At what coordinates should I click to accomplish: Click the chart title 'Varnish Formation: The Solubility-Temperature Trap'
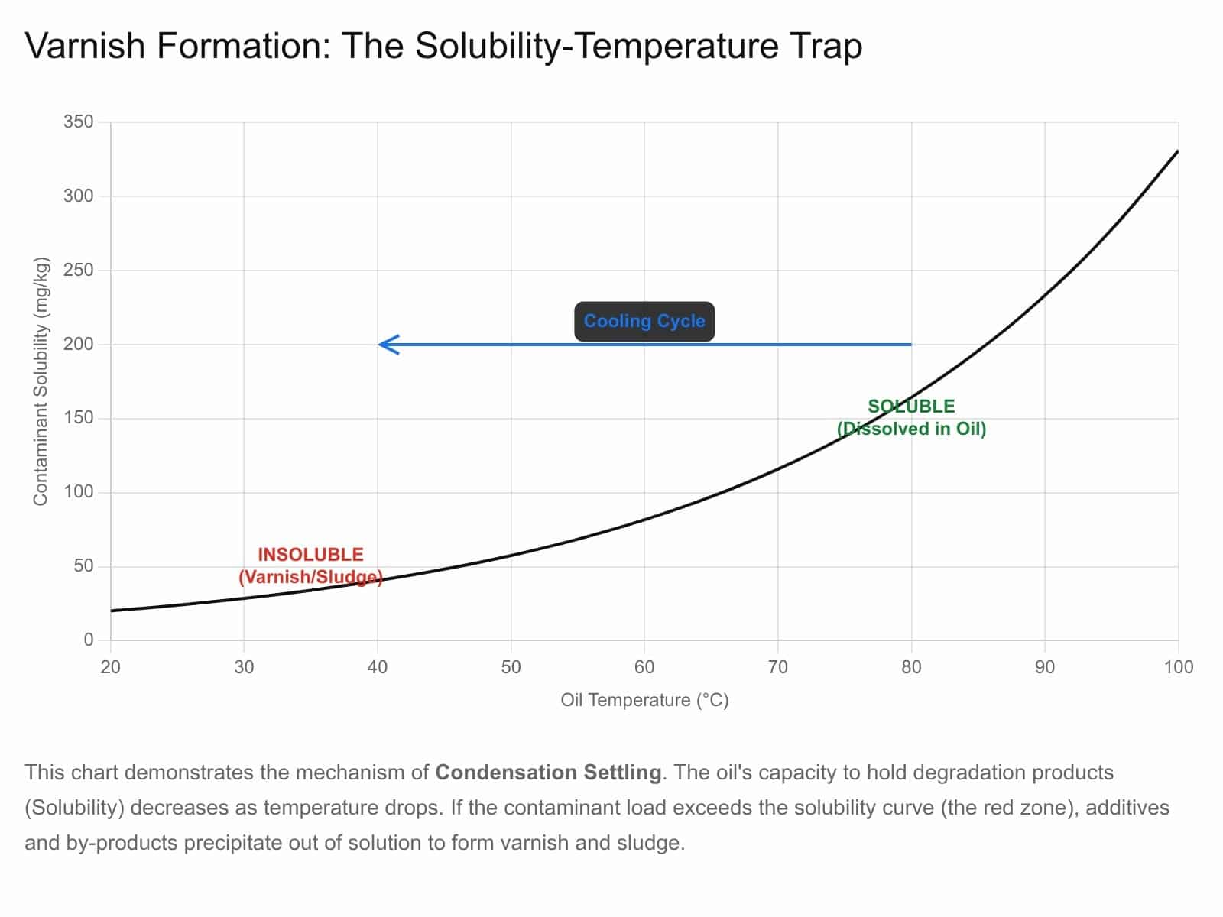tap(443, 46)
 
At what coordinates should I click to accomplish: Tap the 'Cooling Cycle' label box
tap(644, 321)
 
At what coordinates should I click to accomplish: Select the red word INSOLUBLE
tap(310, 555)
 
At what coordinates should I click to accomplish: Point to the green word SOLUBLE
tap(911, 407)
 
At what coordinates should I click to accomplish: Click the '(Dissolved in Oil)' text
tap(911, 429)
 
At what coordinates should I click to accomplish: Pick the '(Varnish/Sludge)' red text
tap(310, 577)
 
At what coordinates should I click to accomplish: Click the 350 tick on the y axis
tap(78, 122)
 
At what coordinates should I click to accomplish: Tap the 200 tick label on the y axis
tap(78, 345)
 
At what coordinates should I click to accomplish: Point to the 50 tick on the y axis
tap(83, 566)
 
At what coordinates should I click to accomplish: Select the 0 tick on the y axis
tap(88, 640)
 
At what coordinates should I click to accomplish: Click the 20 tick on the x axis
tap(111, 667)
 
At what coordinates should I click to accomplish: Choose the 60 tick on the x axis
tap(644, 667)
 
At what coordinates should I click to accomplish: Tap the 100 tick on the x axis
tap(1178, 667)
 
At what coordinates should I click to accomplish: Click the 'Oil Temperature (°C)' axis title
tap(644, 700)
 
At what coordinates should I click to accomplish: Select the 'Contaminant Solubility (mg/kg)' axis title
tap(41, 381)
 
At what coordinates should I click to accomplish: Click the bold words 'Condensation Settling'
tap(548, 773)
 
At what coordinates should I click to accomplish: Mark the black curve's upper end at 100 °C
tap(1177, 152)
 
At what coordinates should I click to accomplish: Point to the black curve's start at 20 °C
tap(112, 611)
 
